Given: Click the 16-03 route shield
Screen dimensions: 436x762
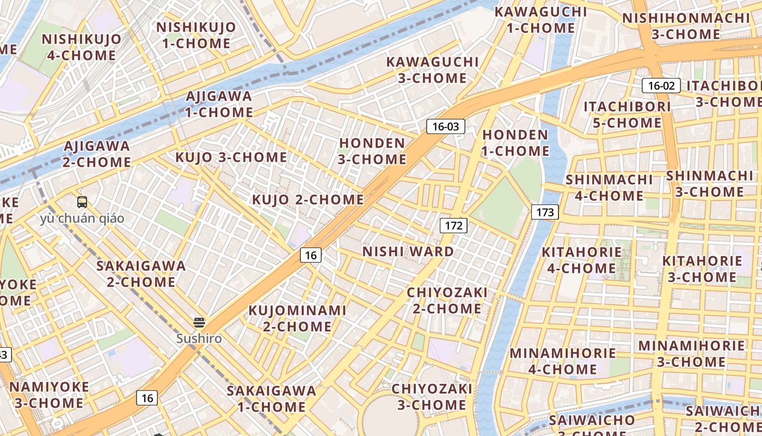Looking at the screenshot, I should pos(445,127).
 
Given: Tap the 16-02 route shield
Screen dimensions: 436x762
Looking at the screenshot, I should pos(661,86).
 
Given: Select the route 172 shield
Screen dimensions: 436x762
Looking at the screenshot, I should pos(453,226).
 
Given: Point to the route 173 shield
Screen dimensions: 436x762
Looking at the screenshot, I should pos(545,212).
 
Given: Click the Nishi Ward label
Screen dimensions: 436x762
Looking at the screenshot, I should pos(408,251).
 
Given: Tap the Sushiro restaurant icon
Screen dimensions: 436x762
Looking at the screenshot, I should pos(199,323).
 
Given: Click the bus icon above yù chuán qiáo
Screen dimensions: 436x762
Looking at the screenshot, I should pos(82,202).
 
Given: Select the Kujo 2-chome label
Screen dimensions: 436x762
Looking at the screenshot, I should pos(308,199).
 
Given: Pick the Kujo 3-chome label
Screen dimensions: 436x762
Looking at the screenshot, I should pos(231,158).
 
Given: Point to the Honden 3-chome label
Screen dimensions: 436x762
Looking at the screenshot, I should pos(372,151).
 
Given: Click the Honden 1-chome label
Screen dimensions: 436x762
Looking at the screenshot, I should pos(515,142).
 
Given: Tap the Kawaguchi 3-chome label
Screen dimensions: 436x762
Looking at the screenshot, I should pos(432,70).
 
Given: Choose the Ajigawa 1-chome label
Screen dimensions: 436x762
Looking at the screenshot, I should pos(219,104).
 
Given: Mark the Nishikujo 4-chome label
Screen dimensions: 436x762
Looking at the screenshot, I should pos(81,47).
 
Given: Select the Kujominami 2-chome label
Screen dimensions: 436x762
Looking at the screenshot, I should pos(297,318).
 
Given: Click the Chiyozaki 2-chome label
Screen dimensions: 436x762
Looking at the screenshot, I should pos(447,300).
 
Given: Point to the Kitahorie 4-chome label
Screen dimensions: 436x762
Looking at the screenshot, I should pos(581,260).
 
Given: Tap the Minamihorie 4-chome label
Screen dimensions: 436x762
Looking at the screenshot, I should pos(563,361).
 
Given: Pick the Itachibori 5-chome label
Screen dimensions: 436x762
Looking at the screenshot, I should pos(627,114).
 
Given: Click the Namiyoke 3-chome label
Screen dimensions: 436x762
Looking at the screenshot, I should pos(49,395).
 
